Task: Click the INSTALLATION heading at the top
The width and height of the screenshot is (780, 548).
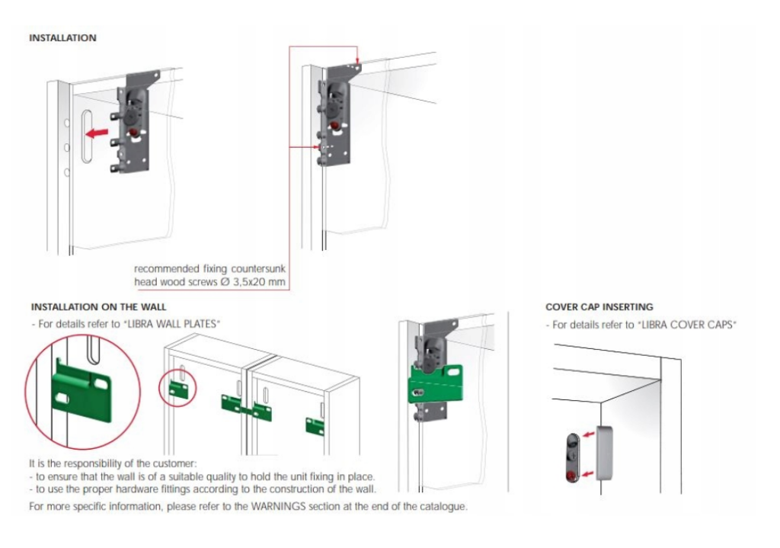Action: point(62,37)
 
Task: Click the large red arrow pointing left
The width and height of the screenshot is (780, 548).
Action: point(96,133)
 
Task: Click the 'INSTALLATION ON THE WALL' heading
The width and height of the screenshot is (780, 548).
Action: point(95,307)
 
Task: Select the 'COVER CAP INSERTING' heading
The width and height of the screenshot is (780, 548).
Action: point(599,307)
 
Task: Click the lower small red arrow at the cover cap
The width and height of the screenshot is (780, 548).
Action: point(589,474)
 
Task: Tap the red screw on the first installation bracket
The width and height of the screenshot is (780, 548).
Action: point(135,133)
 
